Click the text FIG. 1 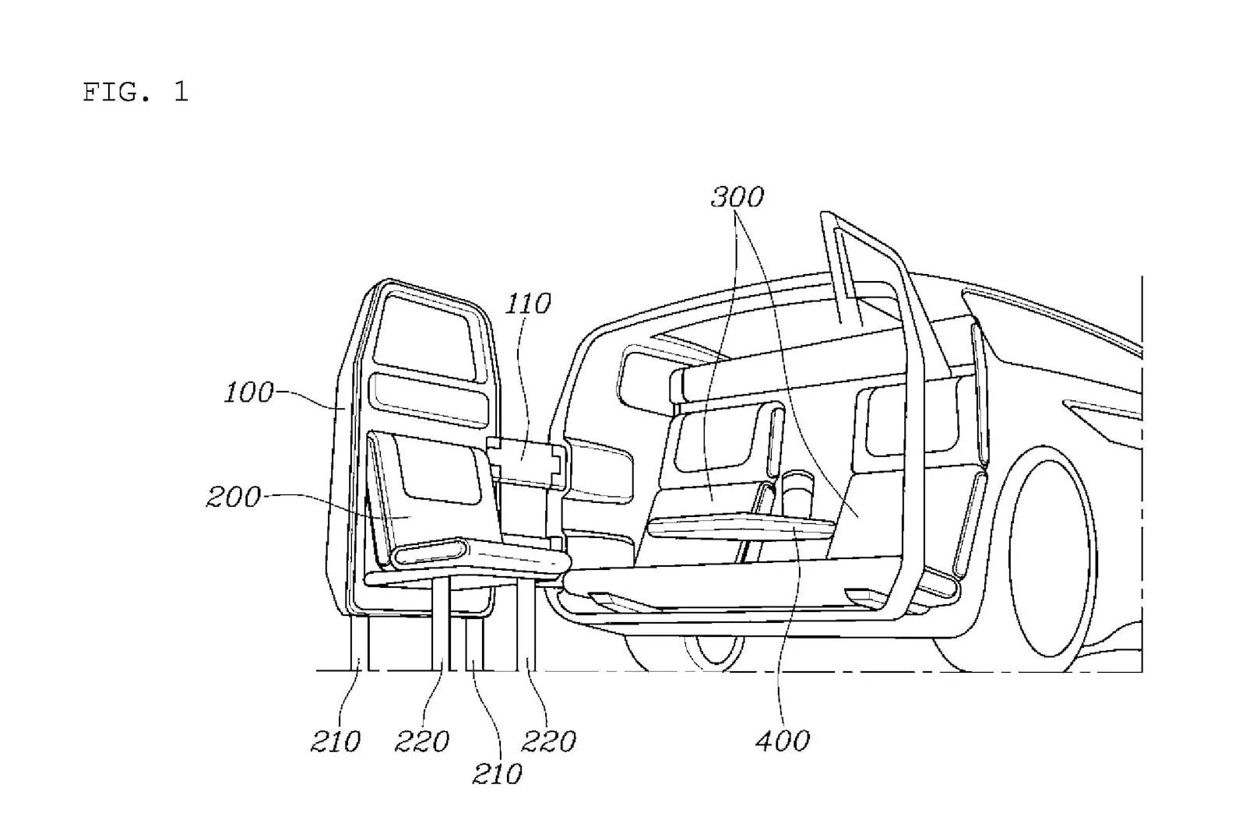coord(136,92)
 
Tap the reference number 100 coord(248,392)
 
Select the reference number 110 coord(528,303)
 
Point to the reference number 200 coord(233,497)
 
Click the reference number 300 coord(737,197)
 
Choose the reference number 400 coord(783,740)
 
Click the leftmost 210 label coord(336,741)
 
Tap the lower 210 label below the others coord(497,774)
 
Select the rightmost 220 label coord(548,741)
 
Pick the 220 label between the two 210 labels coord(421,741)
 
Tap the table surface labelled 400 coord(740,527)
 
